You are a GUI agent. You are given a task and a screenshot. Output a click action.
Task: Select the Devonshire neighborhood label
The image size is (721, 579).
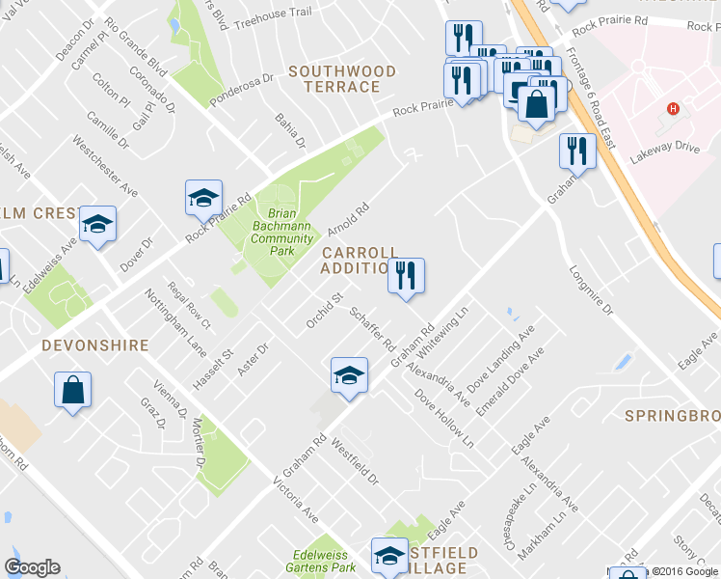(x=94, y=345)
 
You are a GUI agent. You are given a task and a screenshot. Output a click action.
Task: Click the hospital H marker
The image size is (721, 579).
(x=674, y=109)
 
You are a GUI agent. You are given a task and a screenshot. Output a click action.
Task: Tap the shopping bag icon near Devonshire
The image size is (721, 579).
(x=72, y=391)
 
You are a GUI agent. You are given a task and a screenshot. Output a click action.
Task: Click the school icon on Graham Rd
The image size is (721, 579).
(x=349, y=375)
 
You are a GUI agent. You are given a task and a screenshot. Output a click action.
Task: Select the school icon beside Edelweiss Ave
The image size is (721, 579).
(x=96, y=225)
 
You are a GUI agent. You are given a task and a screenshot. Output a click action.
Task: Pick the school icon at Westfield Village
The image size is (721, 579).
(x=389, y=556)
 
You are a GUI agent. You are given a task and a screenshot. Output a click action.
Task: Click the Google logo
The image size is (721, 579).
(x=33, y=567)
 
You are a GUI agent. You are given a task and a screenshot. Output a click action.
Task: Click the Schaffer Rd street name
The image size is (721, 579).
(x=373, y=329)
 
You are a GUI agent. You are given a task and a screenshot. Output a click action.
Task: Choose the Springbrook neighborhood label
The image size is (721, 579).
(x=672, y=416)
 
